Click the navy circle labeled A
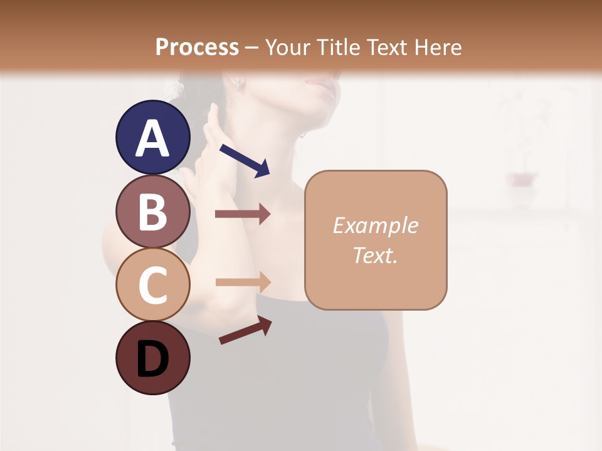tap(152, 137)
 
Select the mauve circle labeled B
tap(152, 211)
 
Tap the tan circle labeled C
tap(152, 285)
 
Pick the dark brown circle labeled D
tap(152, 358)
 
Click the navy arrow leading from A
tap(245, 160)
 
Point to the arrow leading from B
tap(242, 214)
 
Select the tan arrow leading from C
tap(242, 282)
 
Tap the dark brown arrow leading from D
tap(245, 331)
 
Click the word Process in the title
tap(196, 48)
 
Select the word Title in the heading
tap(337, 48)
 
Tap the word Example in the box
tap(375, 225)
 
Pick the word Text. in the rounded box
tap(375, 255)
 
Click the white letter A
tap(152, 138)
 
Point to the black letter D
tap(152, 359)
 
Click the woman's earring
tap(239, 85)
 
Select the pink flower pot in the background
tap(522, 180)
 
